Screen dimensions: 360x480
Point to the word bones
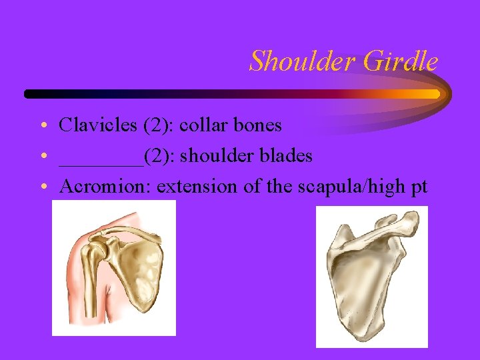257,125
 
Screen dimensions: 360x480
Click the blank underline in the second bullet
101,162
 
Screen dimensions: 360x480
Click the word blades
285,156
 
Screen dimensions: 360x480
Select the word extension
198,187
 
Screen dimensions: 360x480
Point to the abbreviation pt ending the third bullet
419,188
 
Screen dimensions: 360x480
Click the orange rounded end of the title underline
434,94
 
